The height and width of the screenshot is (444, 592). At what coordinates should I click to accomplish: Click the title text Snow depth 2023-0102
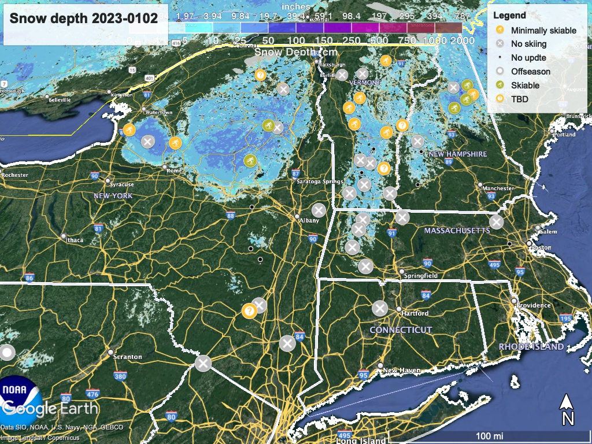coord(84,18)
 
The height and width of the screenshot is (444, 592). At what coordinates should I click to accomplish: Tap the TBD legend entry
coord(519,99)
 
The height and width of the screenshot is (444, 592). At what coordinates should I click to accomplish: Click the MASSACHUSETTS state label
coord(457,231)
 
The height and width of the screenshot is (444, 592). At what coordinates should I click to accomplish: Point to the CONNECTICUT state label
coord(401,330)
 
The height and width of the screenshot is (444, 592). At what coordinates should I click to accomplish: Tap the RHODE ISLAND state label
coord(531,347)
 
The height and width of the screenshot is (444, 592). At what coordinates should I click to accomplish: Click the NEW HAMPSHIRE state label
coord(458,154)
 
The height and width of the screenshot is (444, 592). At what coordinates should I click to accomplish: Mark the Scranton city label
coord(128,357)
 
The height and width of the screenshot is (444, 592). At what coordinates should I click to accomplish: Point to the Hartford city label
coord(416,313)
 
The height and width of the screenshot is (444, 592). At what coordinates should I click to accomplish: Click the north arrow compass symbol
coord(567,409)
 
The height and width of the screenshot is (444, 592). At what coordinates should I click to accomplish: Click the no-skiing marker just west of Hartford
coord(379,308)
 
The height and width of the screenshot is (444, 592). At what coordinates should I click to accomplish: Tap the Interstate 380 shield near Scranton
coord(120,377)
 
